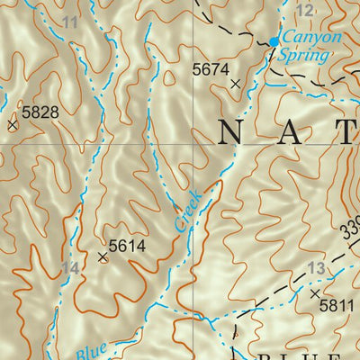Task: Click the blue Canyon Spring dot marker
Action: (274, 41)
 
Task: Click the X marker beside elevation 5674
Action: (236, 84)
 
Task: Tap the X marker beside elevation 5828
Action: (13, 126)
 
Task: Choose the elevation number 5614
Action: (127, 245)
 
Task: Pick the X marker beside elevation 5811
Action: (314, 293)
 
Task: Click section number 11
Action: (71, 22)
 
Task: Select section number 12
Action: (305, 10)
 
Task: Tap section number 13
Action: (315, 268)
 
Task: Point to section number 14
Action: (71, 268)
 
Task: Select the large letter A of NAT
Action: (290, 134)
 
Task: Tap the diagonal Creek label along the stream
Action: (189, 211)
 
